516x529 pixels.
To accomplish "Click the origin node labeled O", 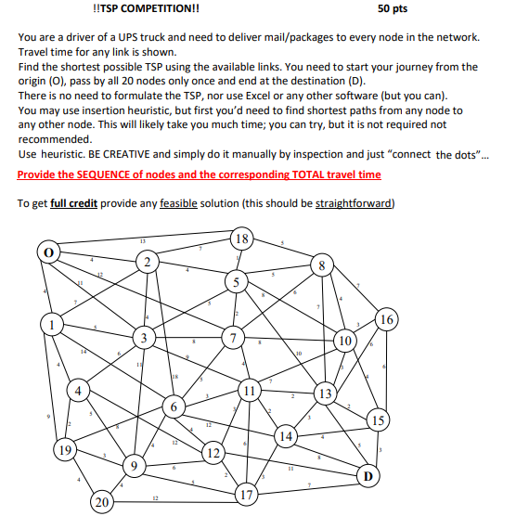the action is pos(47,252).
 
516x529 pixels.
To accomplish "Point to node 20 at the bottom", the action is pos(101,504).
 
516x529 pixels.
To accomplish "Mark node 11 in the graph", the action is pos(250,390).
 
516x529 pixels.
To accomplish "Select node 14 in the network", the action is pos(287,436).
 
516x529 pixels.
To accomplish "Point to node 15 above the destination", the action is pos(377,419).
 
